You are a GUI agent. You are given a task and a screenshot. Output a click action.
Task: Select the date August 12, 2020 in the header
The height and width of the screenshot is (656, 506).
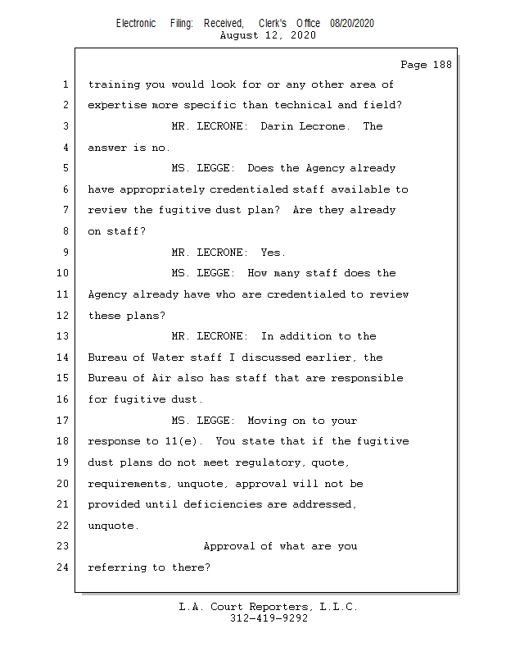[269, 35]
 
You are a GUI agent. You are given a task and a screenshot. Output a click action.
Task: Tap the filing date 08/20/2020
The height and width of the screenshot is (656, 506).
[352, 24]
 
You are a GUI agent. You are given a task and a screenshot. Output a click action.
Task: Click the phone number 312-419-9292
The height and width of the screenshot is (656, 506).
[269, 618]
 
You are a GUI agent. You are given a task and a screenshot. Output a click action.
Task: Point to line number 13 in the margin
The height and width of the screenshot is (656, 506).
[63, 336]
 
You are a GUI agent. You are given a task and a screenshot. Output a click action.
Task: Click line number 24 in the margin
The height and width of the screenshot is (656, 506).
[63, 567]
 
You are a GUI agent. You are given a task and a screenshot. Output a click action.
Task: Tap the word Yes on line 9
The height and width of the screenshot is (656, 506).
[273, 253]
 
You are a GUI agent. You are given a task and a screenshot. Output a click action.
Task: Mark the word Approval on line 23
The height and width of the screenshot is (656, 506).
[228, 546]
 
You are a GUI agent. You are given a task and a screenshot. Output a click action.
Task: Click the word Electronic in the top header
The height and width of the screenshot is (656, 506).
[136, 24]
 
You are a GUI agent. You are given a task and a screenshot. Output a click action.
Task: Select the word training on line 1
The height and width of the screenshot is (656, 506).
[113, 84]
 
